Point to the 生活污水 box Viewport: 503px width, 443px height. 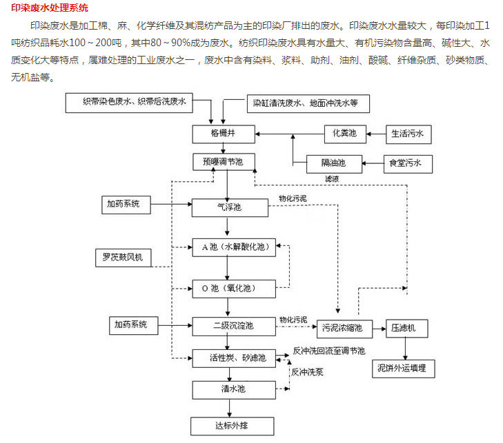pos(408,133)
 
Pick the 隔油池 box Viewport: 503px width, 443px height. pos(333,163)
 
